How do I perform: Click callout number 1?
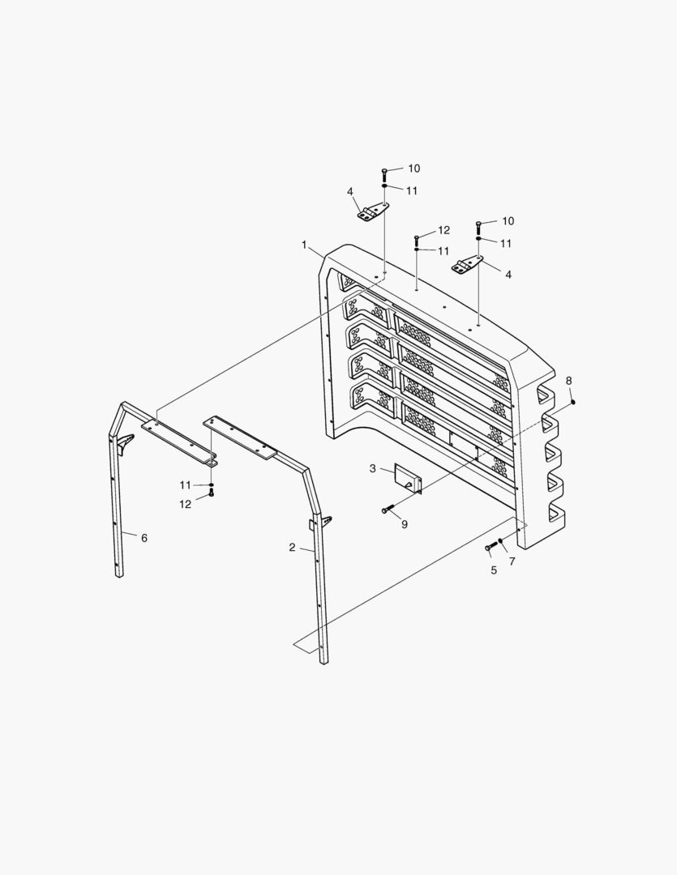click(x=304, y=244)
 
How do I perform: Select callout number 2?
click(x=292, y=548)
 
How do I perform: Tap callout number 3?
click(x=373, y=468)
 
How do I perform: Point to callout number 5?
click(x=493, y=570)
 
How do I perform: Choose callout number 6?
click(x=144, y=538)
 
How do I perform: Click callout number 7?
click(x=512, y=561)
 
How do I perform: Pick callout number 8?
click(x=568, y=381)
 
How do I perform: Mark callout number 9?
click(x=404, y=524)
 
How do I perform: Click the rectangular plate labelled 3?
click(x=408, y=477)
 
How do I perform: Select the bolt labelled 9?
click(x=388, y=510)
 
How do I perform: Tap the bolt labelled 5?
click(x=489, y=548)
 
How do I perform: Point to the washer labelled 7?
click(x=501, y=541)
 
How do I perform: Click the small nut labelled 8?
click(x=572, y=401)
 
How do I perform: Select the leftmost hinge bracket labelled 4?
click(x=371, y=213)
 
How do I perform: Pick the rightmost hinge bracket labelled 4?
click(x=467, y=265)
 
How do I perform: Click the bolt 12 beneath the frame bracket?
click(x=212, y=493)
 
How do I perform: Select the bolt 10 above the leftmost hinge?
click(x=385, y=173)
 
